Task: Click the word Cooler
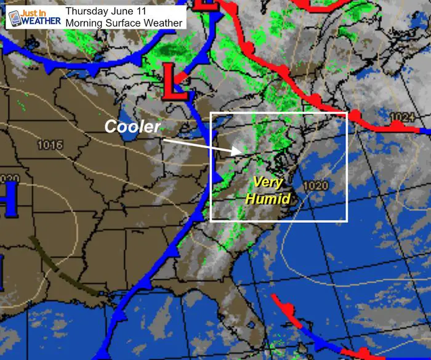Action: pos(132,126)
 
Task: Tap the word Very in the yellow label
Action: pos(269,183)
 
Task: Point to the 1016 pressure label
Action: pos(50,145)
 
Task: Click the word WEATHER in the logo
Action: pos(42,22)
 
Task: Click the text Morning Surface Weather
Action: pos(123,23)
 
